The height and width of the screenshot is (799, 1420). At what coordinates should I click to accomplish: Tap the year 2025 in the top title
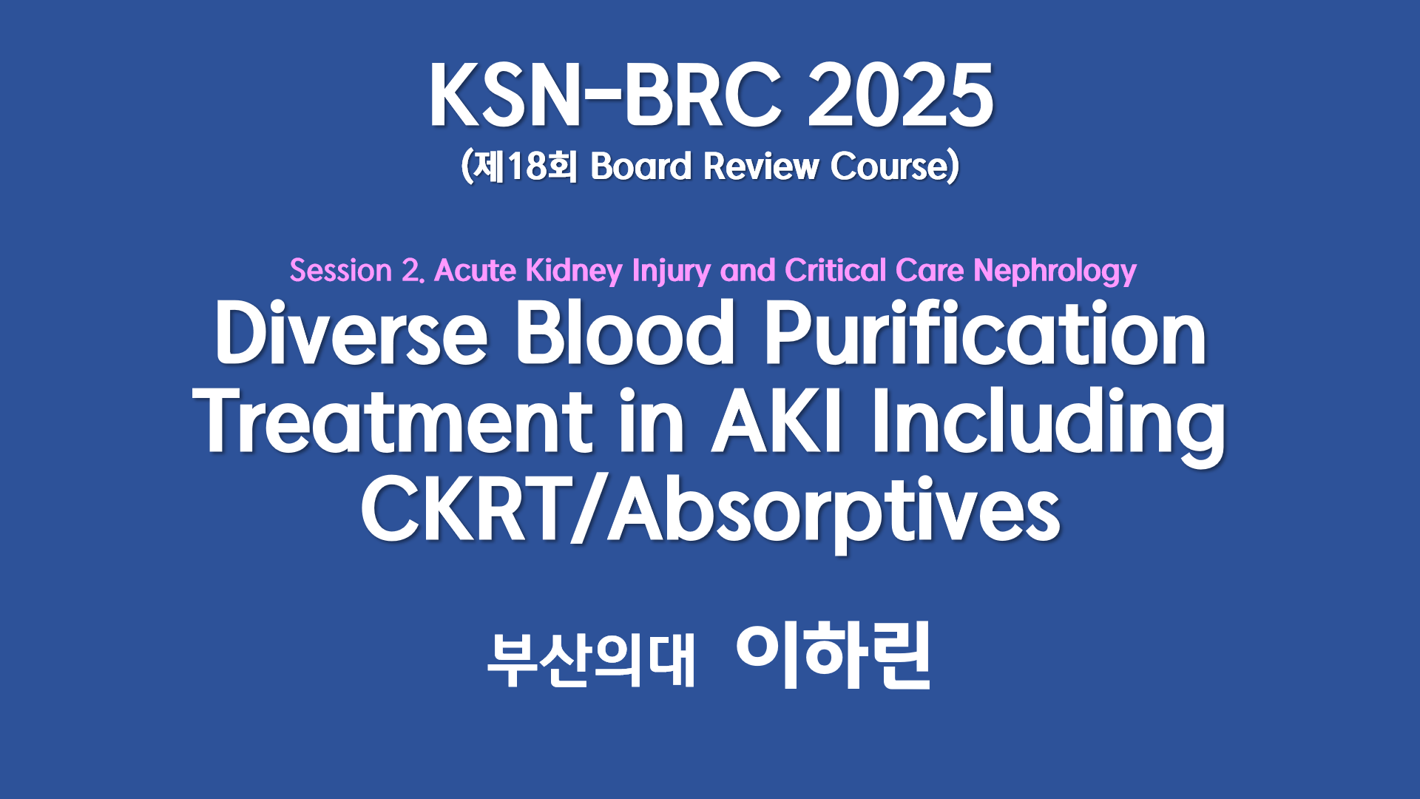(x=900, y=95)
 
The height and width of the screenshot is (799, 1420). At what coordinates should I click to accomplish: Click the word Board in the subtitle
(x=640, y=166)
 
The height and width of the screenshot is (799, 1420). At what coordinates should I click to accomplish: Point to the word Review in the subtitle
(x=761, y=166)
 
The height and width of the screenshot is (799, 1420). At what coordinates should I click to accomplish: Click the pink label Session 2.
(x=356, y=271)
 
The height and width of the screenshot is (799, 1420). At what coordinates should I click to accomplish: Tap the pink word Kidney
(x=574, y=272)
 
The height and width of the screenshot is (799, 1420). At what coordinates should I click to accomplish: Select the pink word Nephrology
(x=1055, y=272)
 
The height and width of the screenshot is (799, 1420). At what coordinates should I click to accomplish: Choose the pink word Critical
(x=836, y=271)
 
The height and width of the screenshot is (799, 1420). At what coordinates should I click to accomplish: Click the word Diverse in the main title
(x=351, y=333)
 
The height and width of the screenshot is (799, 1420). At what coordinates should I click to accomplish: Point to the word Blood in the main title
(x=625, y=333)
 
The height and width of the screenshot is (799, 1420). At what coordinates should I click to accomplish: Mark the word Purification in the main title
(x=985, y=333)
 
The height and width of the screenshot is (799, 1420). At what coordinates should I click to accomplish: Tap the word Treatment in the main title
(x=393, y=422)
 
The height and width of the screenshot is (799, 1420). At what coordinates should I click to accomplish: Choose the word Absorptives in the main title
(x=834, y=512)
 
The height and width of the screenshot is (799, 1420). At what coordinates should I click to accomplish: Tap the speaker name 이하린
(x=834, y=656)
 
